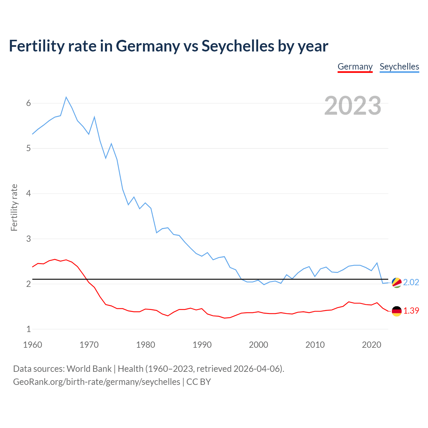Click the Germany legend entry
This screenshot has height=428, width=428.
tap(355, 67)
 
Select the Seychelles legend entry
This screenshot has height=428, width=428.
tap(399, 67)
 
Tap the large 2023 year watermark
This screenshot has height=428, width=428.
tap(353, 106)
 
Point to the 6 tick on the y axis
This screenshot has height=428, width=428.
tap(28, 103)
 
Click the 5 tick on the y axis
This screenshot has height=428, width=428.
tap(28, 148)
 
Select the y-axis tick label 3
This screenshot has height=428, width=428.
tap(28, 239)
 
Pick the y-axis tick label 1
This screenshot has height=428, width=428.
tap(28, 329)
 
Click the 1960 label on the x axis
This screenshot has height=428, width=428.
tap(32, 345)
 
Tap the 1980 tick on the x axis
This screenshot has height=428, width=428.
tap(145, 345)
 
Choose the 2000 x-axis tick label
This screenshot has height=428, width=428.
tap(258, 345)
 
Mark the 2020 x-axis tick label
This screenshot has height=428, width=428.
tap(371, 345)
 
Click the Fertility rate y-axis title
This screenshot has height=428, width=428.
tap(14, 207)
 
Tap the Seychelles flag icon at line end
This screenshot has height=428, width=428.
tap(397, 283)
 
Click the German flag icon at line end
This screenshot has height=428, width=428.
tap(397, 311)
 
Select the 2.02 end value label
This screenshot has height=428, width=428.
tap(411, 283)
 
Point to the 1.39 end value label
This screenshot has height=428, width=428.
tap(411, 311)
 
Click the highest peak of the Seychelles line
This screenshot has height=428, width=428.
tap(66, 97)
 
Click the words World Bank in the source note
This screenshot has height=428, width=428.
tap(89, 369)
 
